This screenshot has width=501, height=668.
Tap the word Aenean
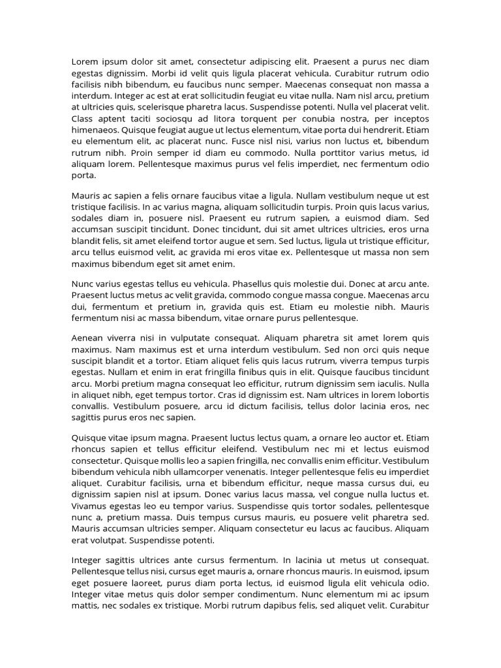click(x=87, y=338)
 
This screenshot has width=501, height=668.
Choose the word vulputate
click(x=189, y=338)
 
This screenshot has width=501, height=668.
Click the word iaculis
click(x=384, y=384)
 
